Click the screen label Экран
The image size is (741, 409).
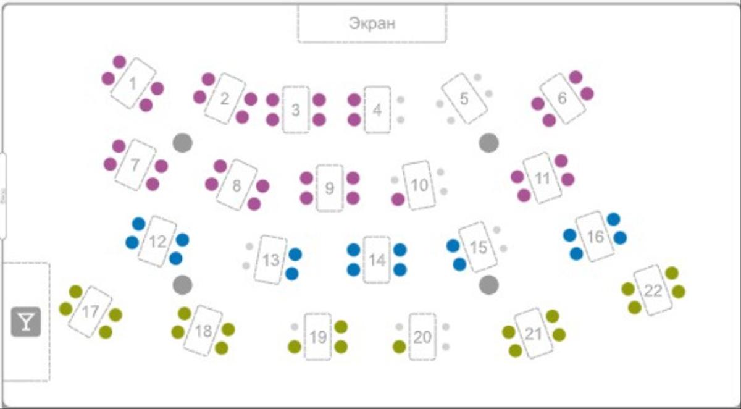coord(372,23)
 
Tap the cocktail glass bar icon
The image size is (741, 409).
coord(25,322)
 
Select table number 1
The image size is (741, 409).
coord(133,83)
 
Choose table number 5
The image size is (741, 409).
coord(464,99)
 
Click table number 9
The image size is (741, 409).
coord(329,188)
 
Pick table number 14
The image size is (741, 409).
coord(377,259)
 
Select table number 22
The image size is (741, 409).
coord(653,290)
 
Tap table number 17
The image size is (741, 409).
coord(90,311)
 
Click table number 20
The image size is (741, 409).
coord(422,337)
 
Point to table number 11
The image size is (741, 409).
coord(542,178)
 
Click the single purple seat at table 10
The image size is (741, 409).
coord(398,199)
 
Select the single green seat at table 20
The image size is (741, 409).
coord(400,347)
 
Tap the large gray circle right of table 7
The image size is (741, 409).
coord(182,143)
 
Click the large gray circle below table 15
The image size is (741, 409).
coord(488,285)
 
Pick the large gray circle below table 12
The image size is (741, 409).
coord(182,285)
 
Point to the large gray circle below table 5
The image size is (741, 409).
coord(488,143)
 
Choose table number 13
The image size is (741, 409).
coord(270,260)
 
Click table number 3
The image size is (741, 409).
coord(296,109)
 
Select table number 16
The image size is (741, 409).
coord(595,237)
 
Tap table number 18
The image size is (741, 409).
coord(203,331)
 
